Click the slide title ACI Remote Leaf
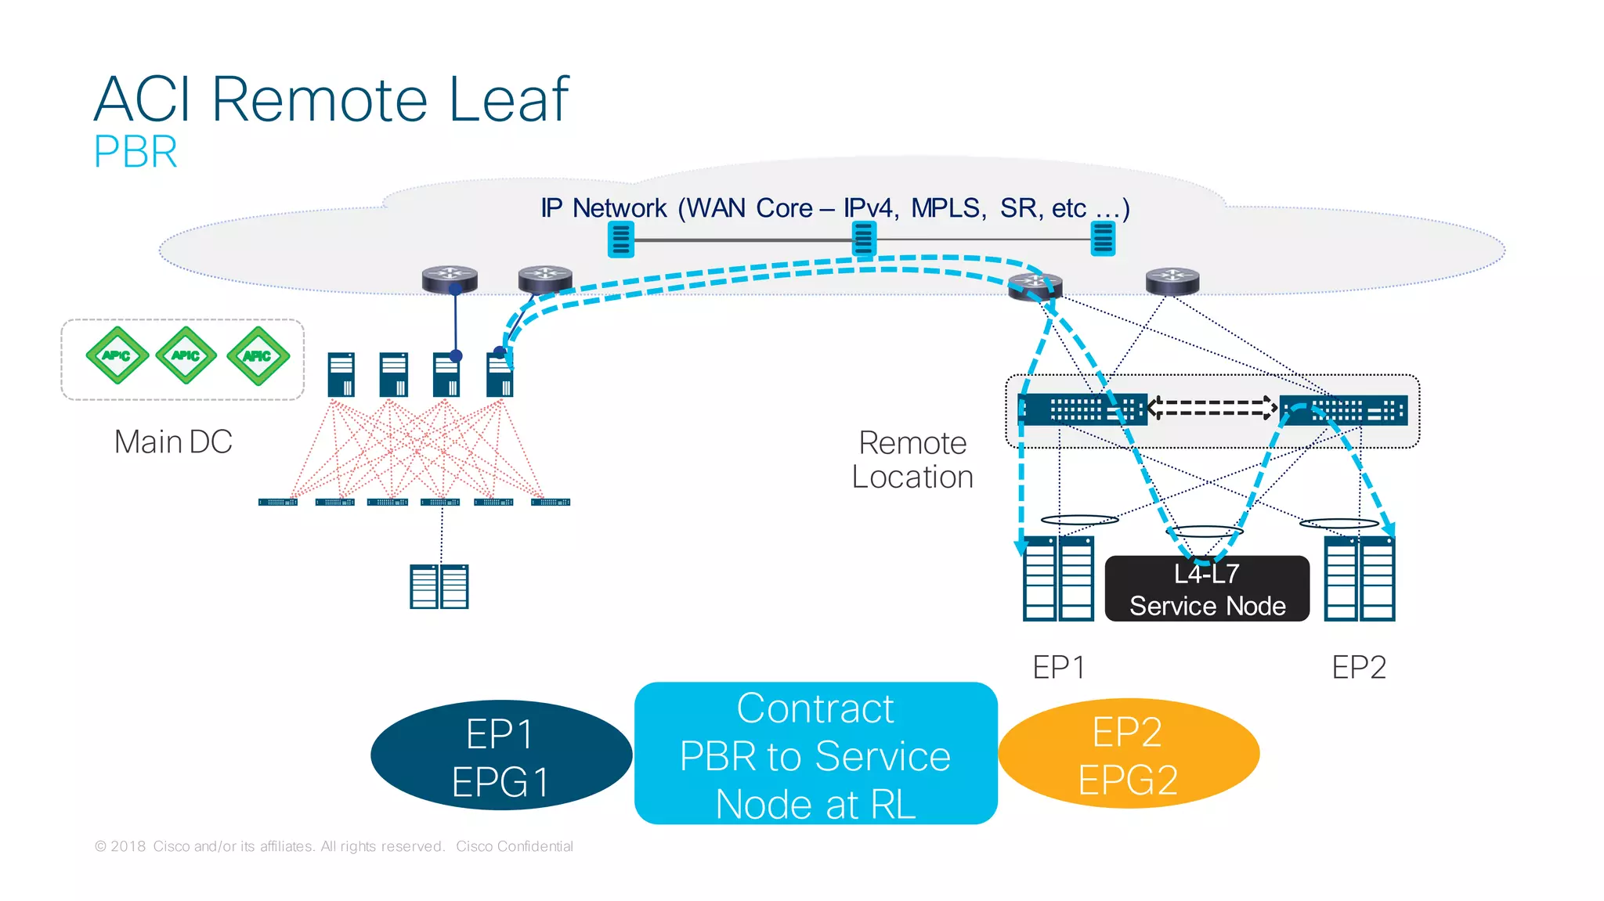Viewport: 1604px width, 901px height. tap(331, 99)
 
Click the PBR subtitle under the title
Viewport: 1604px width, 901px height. tap(135, 152)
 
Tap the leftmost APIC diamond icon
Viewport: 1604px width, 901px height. tap(117, 355)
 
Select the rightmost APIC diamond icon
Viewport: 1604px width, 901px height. tap(258, 356)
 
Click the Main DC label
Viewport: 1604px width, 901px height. tap(173, 441)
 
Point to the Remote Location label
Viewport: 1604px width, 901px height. tap(912, 460)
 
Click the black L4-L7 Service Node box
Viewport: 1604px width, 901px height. tap(1206, 589)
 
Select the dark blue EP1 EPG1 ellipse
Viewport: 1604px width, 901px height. tap(500, 755)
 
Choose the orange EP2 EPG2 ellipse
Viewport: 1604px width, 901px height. tap(1128, 754)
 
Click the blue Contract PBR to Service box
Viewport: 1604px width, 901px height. tap(815, 754)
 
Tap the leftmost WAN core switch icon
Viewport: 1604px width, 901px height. tap(621, 240)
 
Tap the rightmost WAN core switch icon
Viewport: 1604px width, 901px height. tap(1103, 239)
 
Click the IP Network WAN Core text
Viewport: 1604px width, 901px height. tap(834, 208)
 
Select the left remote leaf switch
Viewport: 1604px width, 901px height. tap(1082, 409)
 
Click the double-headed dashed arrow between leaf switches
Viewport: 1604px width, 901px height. tap(1212, 408)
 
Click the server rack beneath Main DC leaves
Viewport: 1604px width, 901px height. tap(439, 586)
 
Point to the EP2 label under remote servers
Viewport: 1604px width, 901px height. tap(1359, 667)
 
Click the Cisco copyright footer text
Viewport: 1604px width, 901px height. tap(334, 846)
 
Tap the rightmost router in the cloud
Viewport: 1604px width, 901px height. tap(1172, 280)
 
